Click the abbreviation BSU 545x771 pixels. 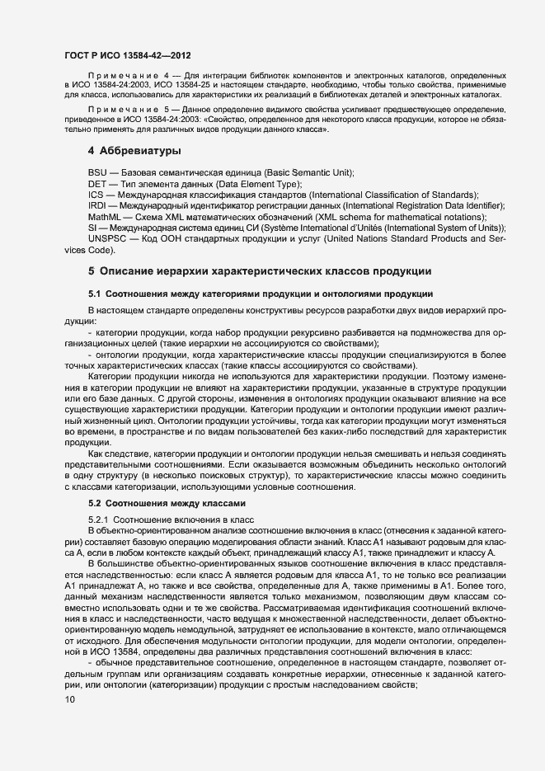click(97, 172)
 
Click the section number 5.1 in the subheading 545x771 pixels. click(95, 294)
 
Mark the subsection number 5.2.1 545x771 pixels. click(98, 519)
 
